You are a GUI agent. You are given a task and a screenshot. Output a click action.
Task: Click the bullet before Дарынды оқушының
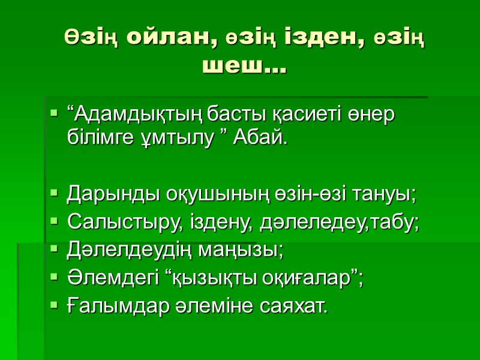coord(54,194)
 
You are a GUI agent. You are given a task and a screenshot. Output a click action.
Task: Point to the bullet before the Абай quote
coord(54,112)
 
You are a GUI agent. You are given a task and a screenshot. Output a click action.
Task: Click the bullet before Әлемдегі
coord(54,278)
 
